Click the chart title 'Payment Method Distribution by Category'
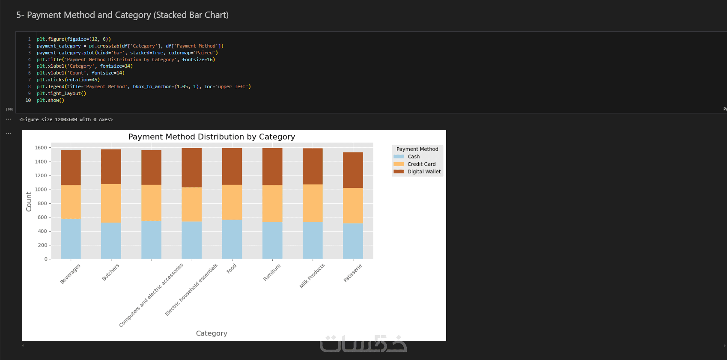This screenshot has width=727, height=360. coord(212,137)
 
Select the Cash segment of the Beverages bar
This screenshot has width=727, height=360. coord(71,239)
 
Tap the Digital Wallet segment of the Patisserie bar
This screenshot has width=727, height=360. coord(353,170)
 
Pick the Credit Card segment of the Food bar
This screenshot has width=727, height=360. coord(232,202)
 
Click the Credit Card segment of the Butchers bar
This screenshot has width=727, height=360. coord(111,203)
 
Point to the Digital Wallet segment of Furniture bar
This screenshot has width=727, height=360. coord(272,167)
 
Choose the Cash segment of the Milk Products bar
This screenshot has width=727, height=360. coord(313,241)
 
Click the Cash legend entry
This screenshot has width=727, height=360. coord(413,157)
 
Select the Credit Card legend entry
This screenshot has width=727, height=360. coord(421,164)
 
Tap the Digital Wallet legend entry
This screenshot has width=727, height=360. coord(424,172)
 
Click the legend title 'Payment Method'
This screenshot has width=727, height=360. coord(417,149)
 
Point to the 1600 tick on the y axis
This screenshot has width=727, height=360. coord(41,148)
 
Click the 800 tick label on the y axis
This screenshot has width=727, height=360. coord(42,203)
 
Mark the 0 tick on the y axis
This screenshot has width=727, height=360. coord(46,259)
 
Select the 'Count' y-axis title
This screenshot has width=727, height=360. coord(29,202)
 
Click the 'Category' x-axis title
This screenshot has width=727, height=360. coord(212,333)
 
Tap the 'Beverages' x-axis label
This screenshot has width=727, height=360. coord(70,274)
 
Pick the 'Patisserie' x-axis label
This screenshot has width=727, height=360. coord(353,273)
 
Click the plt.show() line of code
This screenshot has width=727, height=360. coord(51,100)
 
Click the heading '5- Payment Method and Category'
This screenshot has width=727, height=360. coord(122,15)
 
